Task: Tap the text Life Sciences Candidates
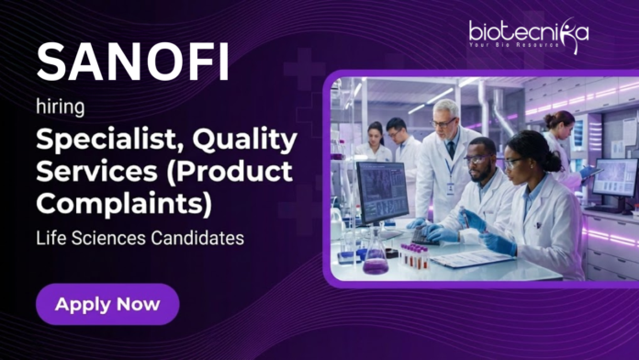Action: [x=140, y=238]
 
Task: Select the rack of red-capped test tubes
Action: [x=414, y=255]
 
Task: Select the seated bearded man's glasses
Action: [x=478, y=159]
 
